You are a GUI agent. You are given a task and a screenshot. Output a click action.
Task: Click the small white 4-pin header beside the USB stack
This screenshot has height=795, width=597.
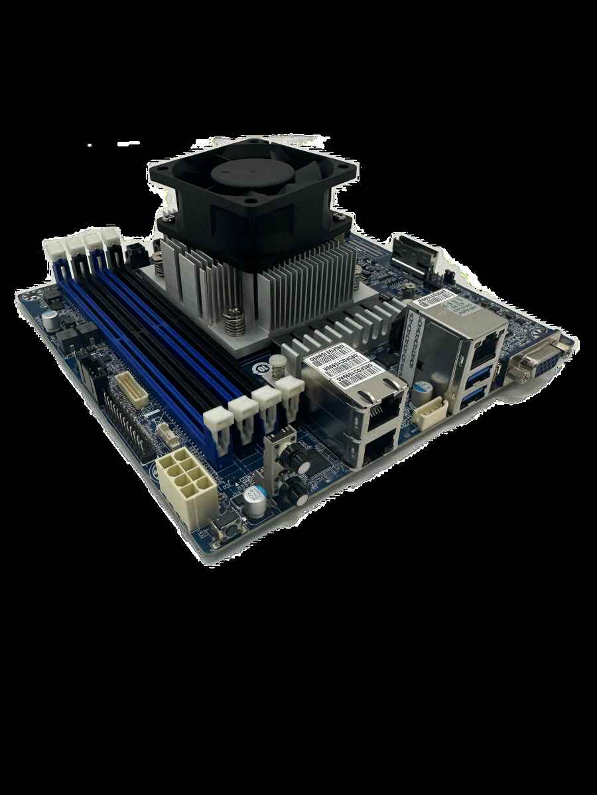(427, 414)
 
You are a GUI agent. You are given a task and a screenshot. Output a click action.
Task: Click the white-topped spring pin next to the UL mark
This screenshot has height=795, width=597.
(279, 366)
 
